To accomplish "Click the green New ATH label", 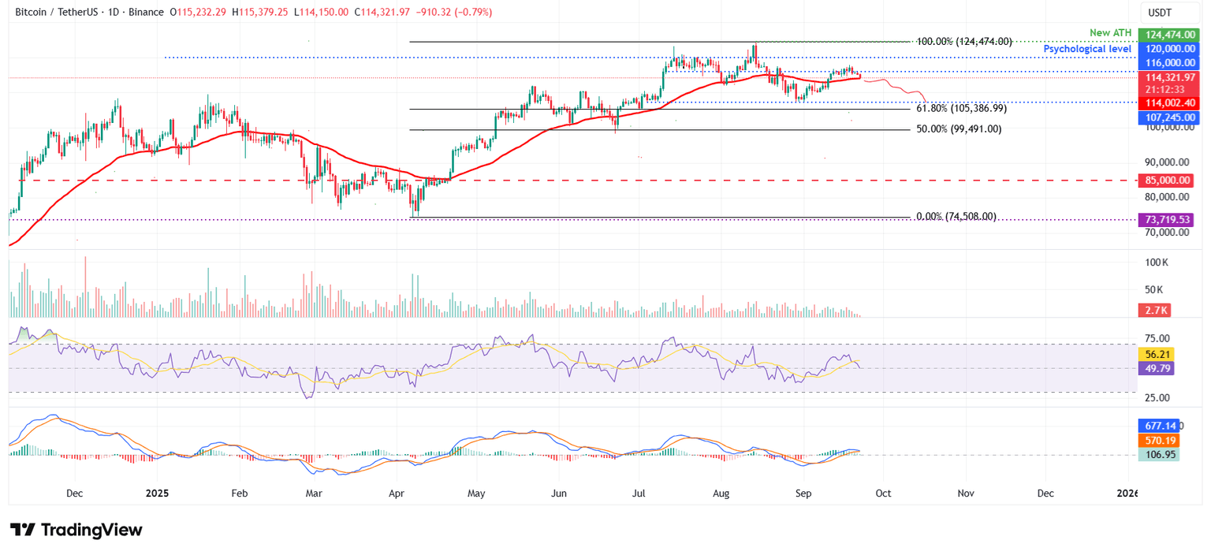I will click(1110, 32).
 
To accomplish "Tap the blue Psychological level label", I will click(1087, 49).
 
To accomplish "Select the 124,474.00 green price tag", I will click(1169, 35).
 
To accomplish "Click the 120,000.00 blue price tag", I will click(1169, 49).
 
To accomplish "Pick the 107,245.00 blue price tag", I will click(1169, 117).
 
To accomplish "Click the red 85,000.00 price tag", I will click(1169, 181).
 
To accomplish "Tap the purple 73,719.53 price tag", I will click(1169, 220).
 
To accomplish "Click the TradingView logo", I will click(76, 530).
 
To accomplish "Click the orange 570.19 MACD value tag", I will click(1157, 441).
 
